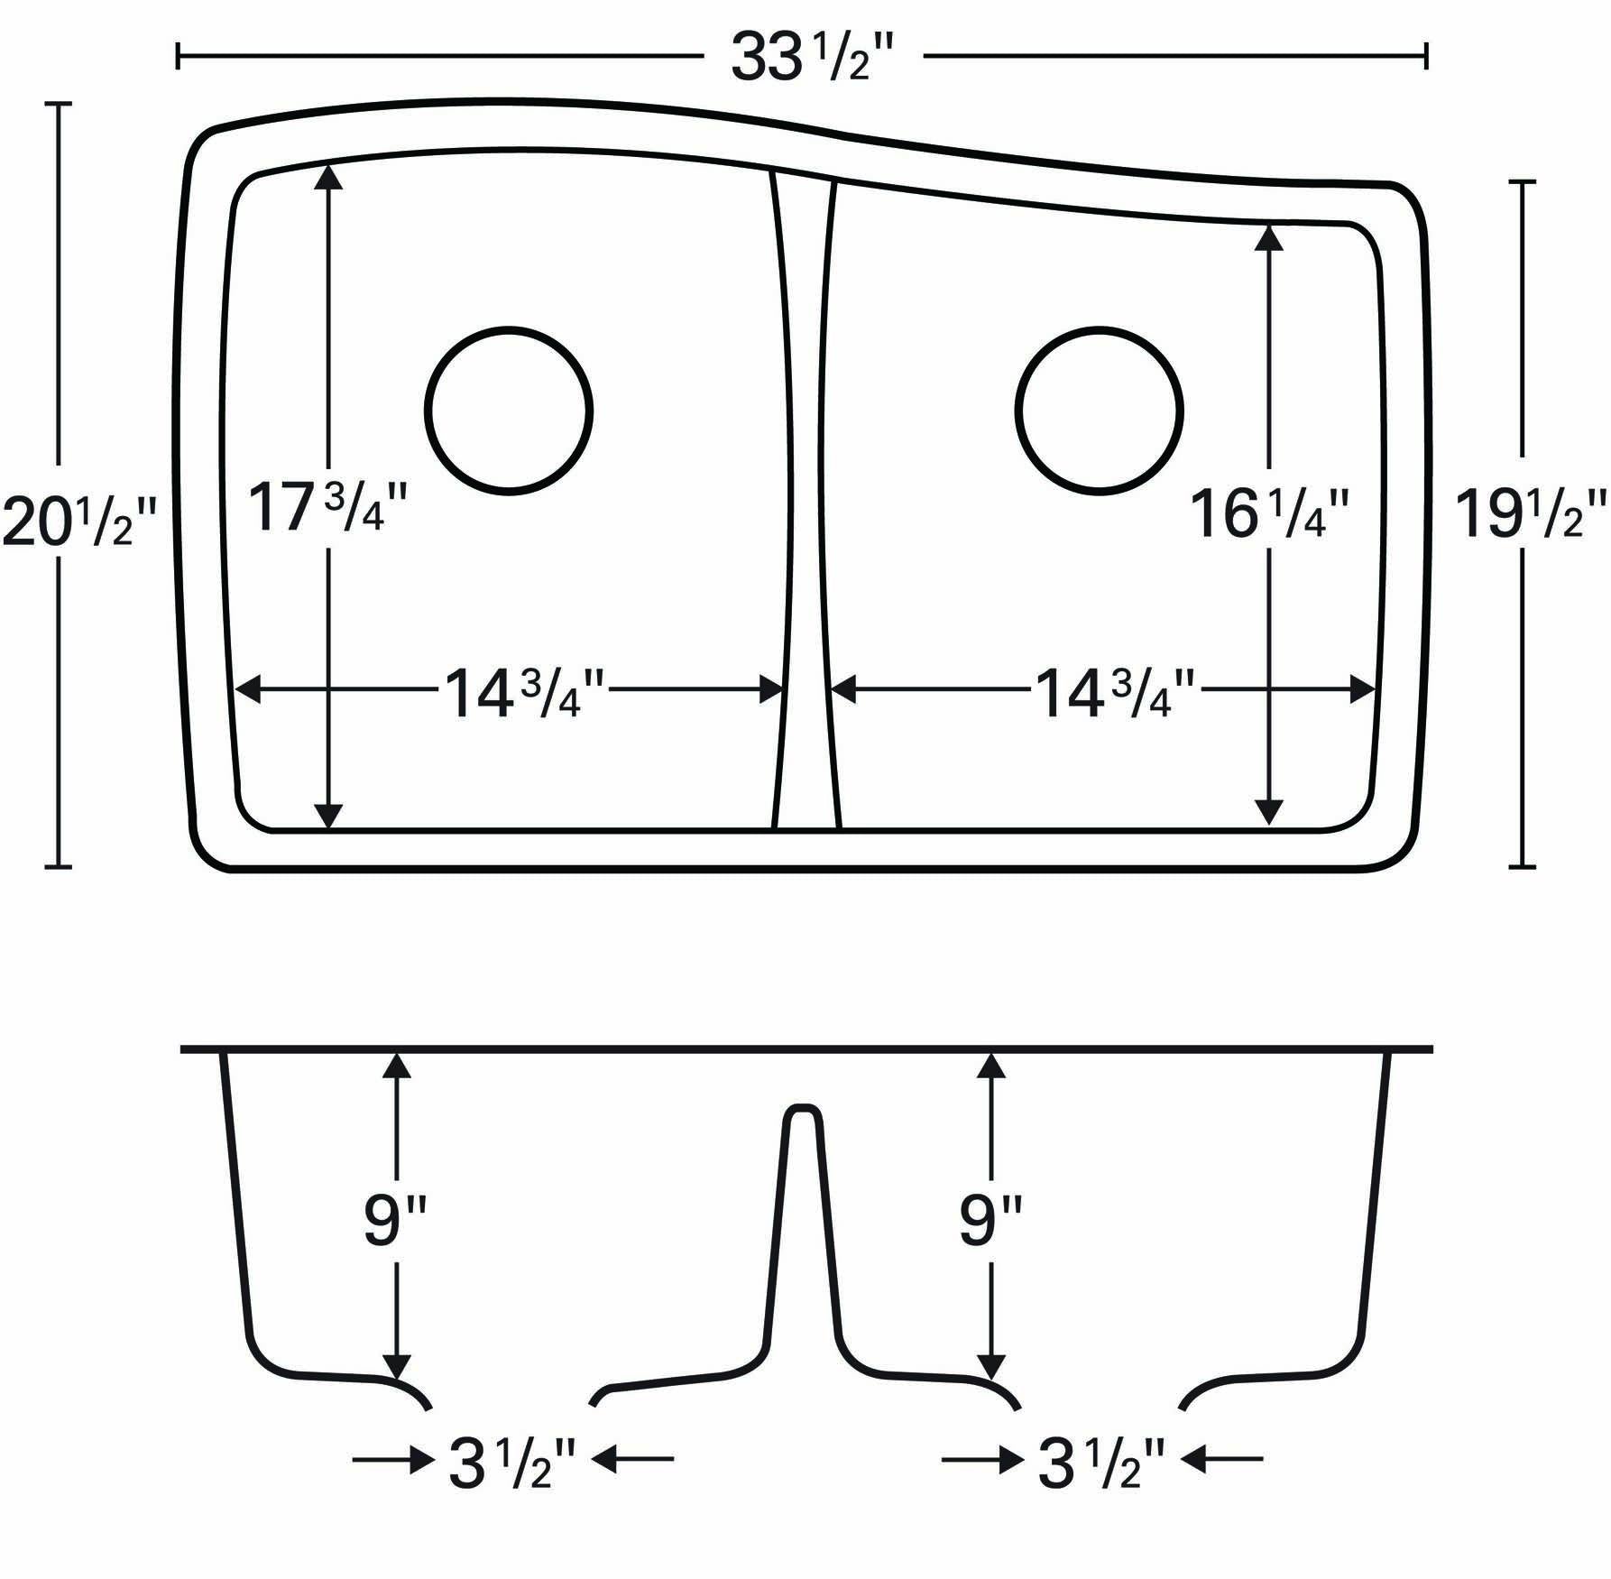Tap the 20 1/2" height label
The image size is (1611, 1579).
click(79, 524)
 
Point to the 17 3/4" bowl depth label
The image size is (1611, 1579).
click(327, 508)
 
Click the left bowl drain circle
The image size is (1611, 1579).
click(509, 411)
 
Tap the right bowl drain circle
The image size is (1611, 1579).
click(1099, 411)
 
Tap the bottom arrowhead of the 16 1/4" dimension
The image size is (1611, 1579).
click(1269, 812)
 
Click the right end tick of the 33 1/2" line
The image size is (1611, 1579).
click(1425, 56)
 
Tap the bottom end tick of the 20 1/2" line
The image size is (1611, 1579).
click(59, 867)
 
